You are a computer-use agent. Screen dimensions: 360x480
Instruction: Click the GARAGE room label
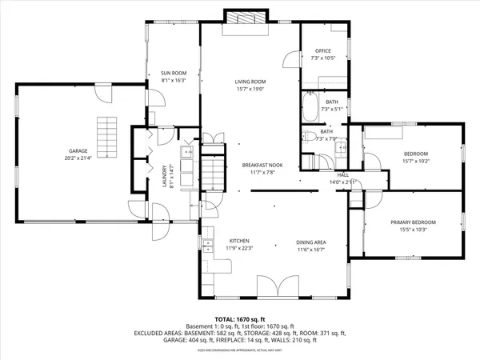(x=78, y=150)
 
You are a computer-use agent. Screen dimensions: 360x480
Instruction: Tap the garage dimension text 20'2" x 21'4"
(x=78, y=158)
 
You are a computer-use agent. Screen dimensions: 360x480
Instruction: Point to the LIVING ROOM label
(x=250, y=82)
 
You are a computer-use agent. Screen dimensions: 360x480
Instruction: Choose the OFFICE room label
(x=322, y=50)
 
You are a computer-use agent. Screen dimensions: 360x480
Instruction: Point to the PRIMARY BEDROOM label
(x=414, y=222)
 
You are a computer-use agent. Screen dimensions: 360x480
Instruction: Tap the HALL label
(x=343, y=174)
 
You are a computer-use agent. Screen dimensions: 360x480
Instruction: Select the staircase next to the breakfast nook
(x=213, y=170)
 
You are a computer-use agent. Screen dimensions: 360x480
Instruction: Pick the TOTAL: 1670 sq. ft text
(x=240, y=319)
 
